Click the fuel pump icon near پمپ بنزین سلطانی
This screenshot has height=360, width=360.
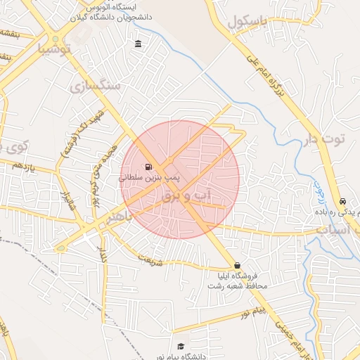click(148, 167)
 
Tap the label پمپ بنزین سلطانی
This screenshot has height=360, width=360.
click(148, 179)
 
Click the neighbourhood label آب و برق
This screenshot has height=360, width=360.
click(191, 196)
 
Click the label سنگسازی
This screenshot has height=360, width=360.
click(96, 86)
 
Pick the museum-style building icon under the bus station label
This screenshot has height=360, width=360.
click(138, 45)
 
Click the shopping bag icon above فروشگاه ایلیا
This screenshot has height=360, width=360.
click(236, 265)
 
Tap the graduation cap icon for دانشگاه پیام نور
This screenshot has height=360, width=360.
click(181, 346)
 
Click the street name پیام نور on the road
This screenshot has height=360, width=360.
click(251, 311)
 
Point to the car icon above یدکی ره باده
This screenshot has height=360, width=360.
click(342, 200)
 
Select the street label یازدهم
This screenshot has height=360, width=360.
click(24, 166)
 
